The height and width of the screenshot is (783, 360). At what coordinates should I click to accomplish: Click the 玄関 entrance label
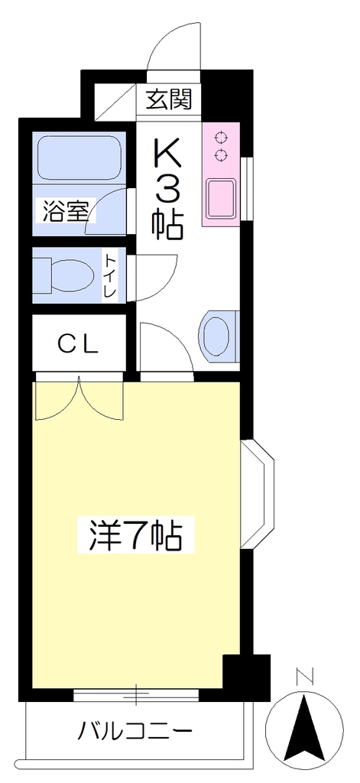169,99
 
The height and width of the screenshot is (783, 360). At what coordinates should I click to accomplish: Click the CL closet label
77,343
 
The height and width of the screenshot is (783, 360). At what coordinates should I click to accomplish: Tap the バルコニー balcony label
135,733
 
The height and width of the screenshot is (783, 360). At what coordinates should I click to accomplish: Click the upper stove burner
219,137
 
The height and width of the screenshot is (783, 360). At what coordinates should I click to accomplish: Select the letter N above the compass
304,677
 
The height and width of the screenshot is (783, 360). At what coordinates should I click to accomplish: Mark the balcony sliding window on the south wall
136,694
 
